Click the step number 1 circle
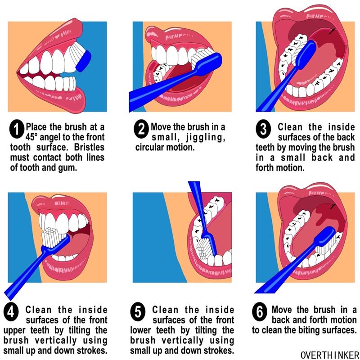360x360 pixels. point(16,130)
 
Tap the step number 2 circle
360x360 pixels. point(141,130)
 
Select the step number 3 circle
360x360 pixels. point(264,130)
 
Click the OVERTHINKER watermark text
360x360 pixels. point(329,354)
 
